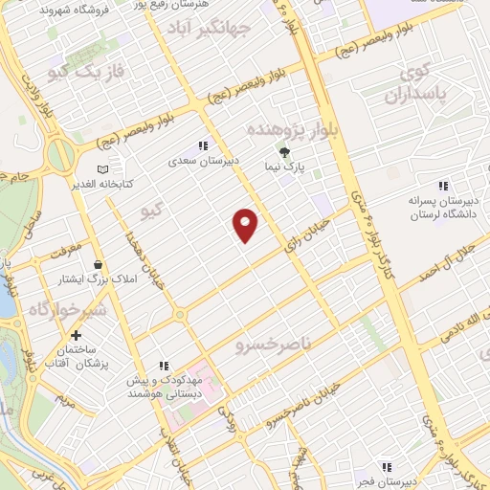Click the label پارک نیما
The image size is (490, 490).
(x=284, y=167)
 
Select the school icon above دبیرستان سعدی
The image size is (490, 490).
(x=202, y=145)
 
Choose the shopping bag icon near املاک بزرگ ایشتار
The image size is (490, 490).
(x=98, y=263)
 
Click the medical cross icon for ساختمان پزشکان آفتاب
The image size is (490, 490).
(x=75, y=336)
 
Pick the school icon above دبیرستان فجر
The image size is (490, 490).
(x=386, y=466)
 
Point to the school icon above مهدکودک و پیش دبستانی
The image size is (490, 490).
(x=164, y=365)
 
